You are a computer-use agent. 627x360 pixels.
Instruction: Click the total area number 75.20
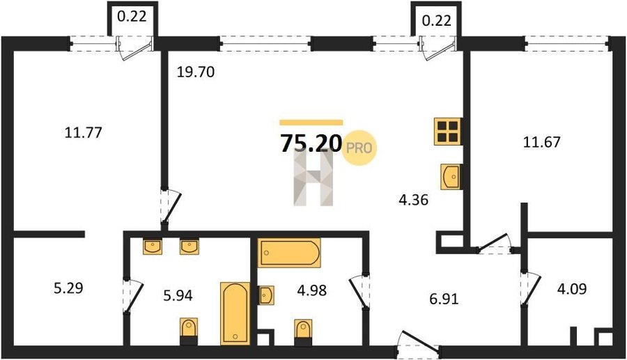coord(311,143)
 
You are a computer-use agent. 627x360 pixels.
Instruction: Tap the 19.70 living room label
coord(196,72)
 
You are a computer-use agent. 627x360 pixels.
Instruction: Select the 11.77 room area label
coord(83,132)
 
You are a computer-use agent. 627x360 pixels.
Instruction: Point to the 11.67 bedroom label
coord(542,142)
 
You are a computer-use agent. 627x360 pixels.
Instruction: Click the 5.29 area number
coord(68,288)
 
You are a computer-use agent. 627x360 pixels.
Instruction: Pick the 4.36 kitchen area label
coord(413,199)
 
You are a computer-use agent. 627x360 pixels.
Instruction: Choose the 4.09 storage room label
coord(572,288)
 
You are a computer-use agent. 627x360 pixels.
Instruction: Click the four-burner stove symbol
coord(447,132)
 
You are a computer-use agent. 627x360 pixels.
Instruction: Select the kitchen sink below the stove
coord(451,176)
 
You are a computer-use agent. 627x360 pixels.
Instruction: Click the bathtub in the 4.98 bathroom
coord(288,253)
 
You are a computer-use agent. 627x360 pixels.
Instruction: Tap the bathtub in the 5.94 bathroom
coord(235,313)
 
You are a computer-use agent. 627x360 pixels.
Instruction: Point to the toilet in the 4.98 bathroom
coord(303,332)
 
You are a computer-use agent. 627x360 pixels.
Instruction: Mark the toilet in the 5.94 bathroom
coord(189,331)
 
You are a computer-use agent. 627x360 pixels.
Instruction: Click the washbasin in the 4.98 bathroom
coord(266,295)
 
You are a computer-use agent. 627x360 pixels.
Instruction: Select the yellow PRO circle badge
coord(359,148)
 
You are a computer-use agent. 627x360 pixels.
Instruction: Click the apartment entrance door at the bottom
coord(417,343)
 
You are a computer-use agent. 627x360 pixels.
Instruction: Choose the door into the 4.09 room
coord(530,288)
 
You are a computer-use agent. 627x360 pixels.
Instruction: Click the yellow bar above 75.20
coord(311,123)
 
